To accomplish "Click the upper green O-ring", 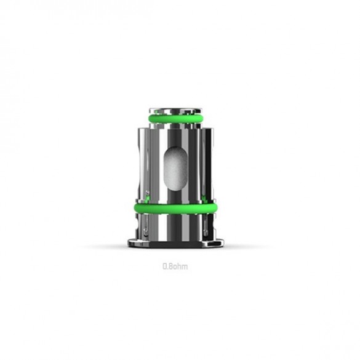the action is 175,119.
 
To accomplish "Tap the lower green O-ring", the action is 175,209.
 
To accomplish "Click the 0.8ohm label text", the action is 175,266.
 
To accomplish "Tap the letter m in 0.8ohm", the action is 185,267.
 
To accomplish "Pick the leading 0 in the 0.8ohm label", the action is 165,266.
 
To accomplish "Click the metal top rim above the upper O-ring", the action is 175,111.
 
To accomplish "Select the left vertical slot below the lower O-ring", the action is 146,225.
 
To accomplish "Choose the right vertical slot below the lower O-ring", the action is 206,225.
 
